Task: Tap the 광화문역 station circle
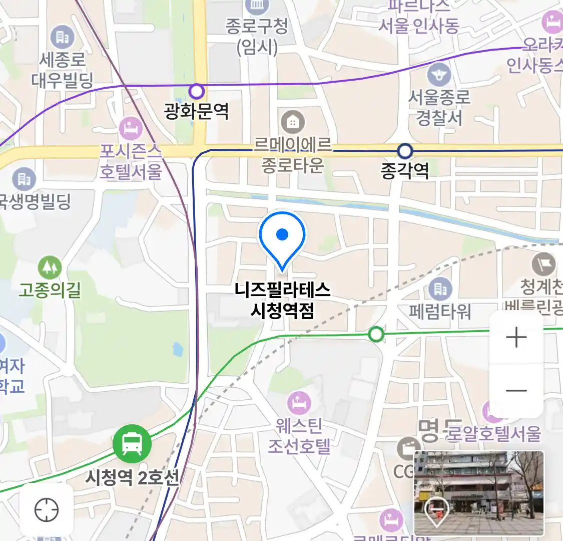pyautogui.click(x=197, y=91)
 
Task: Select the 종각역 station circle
pyautogui.click(x=404, y=150)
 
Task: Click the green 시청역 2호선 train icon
pyautogui.click(x=132, y=444)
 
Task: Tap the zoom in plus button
pyautogui.click(x=516, y=338)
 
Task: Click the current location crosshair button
pyautogui.click(x=47, y=510)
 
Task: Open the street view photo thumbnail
pyautogui.click(x=479, y=493)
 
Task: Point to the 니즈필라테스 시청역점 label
pyautogui.click(x=282, y=300)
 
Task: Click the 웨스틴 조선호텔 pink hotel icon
pyautogui.click(x=299, y=403)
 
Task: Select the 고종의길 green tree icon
pyautogui.click(x=50, y=268)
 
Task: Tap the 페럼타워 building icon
pyautogui.click(x=440, y=289)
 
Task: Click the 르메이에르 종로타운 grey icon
pyautogui.click(x=293, y=122)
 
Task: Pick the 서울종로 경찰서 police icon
pyautogui.click(x=439, y=76)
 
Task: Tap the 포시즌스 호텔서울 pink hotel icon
pyautogui.click(x=131, y=129)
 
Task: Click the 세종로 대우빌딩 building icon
pyautogui.click(x=62, y=37)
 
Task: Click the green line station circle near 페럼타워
pyautogui.click(x=376, y=334)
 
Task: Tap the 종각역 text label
pyautogui.click(x=404, y=171)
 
